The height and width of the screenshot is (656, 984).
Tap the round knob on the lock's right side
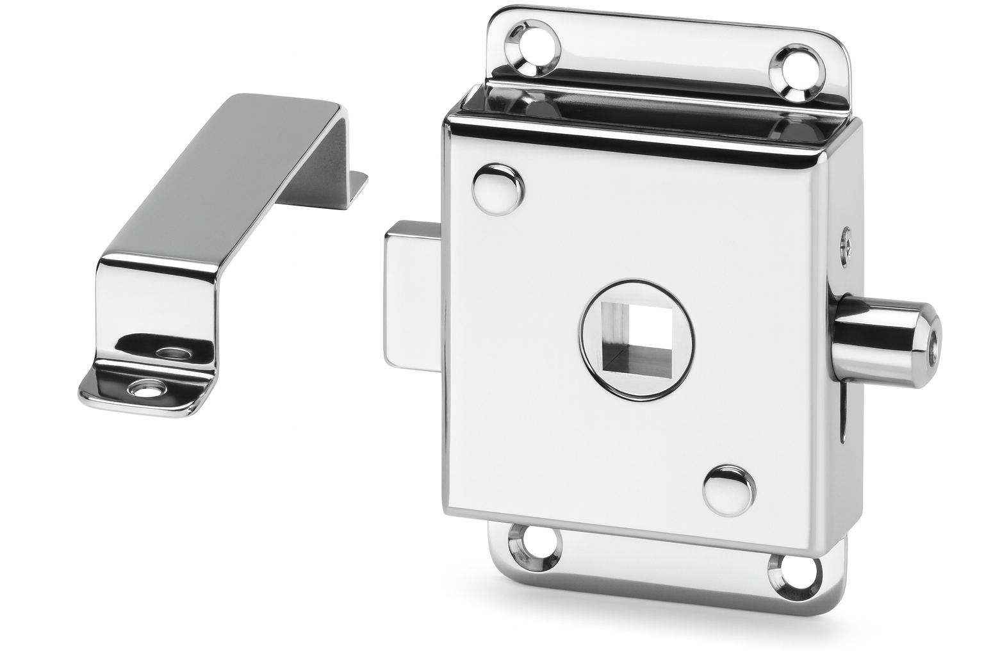(x=884, y=340)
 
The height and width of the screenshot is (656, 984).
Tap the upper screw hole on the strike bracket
(x=170, y=351)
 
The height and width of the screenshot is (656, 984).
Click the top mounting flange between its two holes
(x=666, y=54)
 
